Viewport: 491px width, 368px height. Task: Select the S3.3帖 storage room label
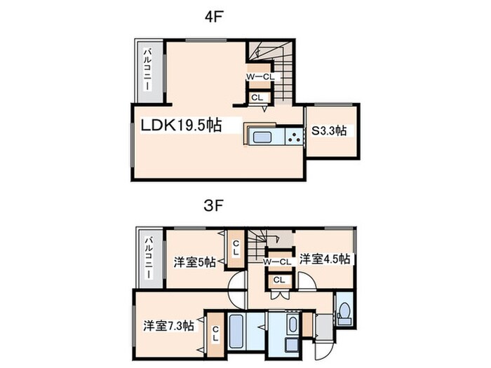(333, 130)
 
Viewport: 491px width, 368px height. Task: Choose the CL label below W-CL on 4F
(257, 98)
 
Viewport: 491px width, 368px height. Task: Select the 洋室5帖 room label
(194, 263)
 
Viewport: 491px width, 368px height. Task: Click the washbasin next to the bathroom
(292, 325)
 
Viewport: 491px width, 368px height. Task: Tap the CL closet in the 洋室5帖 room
(236, 247)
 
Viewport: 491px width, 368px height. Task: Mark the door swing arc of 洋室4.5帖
(306, 282)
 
